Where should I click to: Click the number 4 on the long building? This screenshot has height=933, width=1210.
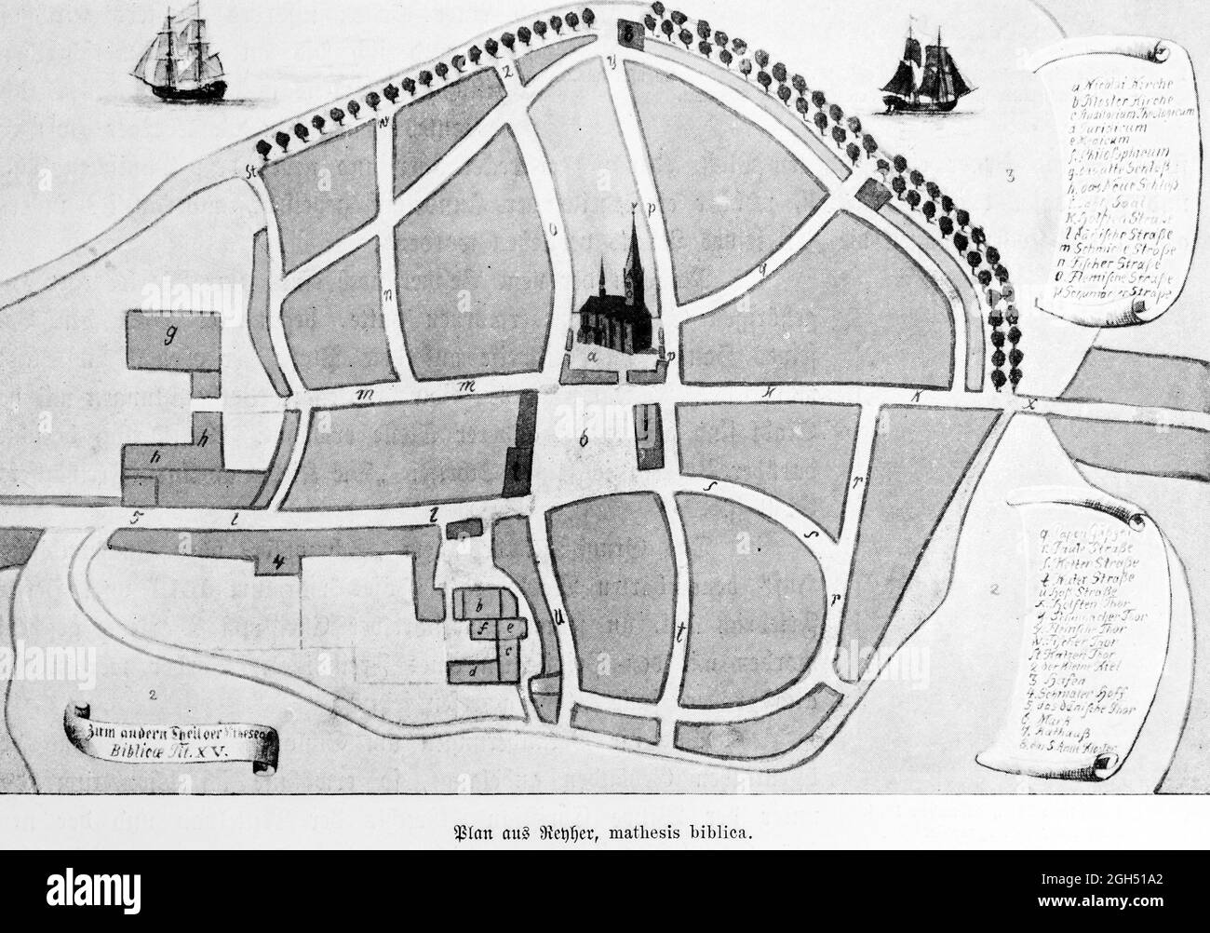(276, 561)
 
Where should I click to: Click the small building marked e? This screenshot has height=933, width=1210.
(511, 628)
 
